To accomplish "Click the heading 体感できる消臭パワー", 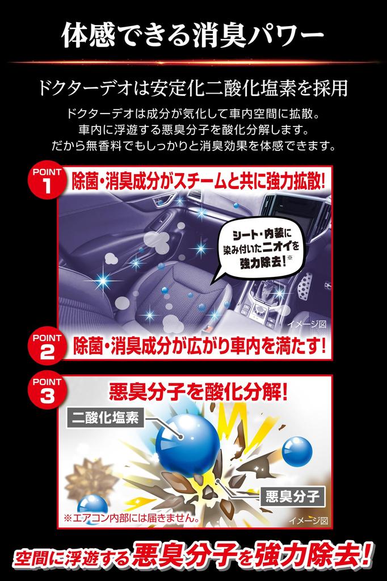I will [x=193, y=35].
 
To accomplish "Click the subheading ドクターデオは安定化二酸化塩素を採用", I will [x=193, y=89].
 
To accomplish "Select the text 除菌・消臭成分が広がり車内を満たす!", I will [x=199, y=345].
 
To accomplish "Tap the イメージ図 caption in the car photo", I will [x=307, y=324].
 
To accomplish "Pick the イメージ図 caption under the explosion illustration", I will [x=308, y=519].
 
